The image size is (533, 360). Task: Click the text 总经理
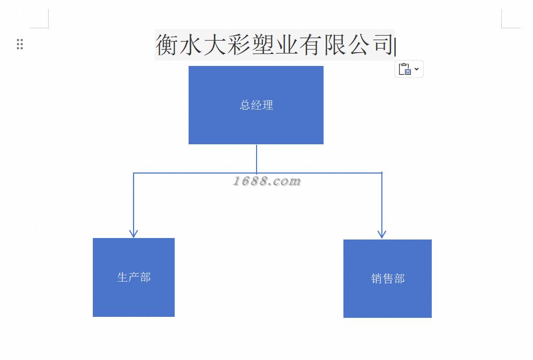[257, 105]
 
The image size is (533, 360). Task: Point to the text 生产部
[134, 277]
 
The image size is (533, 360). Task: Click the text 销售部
[388, 279]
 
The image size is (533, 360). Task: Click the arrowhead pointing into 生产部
[133, 233]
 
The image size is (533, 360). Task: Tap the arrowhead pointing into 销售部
[382, 234]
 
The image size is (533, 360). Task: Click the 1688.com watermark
[267, 181]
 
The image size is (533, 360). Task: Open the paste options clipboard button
[405, 69]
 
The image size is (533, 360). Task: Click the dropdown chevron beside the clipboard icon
[416, 69]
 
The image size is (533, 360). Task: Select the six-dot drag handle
[20, 44]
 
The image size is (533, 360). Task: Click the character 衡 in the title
[167, 45]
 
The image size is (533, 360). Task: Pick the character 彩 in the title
[239, 45]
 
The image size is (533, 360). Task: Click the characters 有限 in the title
[322, 45]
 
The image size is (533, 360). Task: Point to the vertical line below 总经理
[257, 158]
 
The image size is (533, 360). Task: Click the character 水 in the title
[191, 45]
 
